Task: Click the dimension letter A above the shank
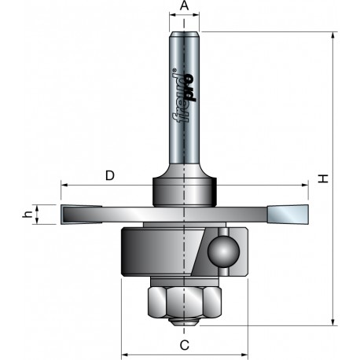point(184,6)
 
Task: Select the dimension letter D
point(110,175)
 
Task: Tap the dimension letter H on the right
point(323,179)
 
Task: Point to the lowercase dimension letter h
point(28,215)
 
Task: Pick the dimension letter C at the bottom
point(185,345)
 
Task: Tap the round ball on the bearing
point(223,252)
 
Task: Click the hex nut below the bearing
point(185,301)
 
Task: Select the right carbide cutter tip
point(288,215)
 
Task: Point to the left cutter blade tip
point(81,215)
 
